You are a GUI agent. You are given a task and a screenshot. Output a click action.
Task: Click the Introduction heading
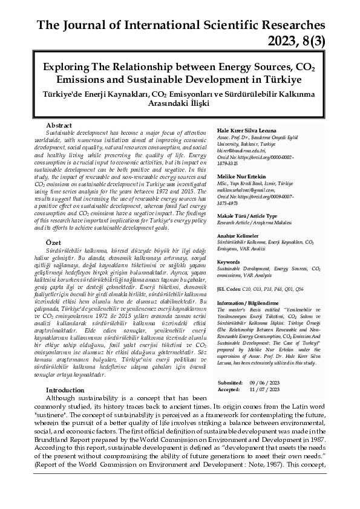(65, 390)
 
